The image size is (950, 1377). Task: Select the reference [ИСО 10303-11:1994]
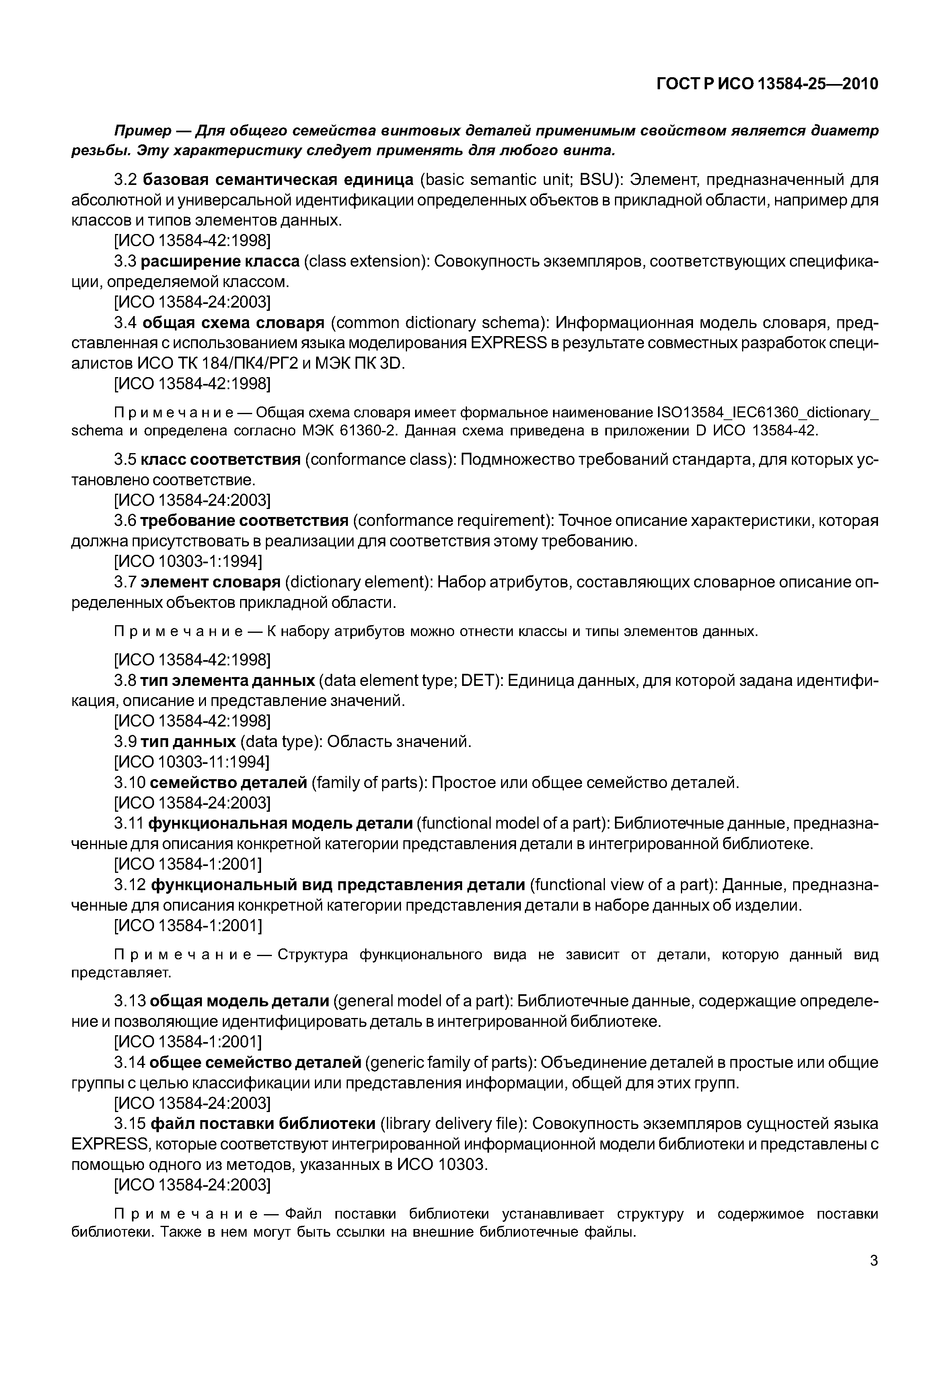point(191,762)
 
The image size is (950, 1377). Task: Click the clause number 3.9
point(125,741)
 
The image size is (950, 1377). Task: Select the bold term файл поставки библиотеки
point(263,1123)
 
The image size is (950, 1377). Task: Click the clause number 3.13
point(130,1001)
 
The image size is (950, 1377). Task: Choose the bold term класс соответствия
point(220,460)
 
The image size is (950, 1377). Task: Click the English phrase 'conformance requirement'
point(452,521)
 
